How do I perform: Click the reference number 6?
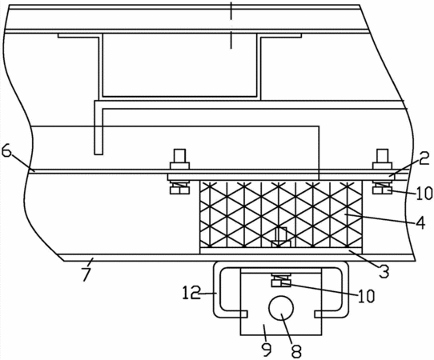[7, 151]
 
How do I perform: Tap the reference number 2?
[424, 158]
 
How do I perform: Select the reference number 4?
[421, 223]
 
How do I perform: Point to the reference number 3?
[384, 271]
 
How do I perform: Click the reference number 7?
[86, 274]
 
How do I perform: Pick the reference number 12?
[191, 294]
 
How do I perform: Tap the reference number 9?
[267, 350]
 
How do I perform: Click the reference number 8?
[295, 350]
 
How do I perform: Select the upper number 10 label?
[424, 193]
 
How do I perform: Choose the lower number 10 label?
[367, 296]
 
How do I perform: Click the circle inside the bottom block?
[281, 308]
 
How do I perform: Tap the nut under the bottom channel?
[281, 283]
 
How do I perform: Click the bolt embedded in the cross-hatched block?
[281, 238]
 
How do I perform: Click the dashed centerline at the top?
[231, 26]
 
